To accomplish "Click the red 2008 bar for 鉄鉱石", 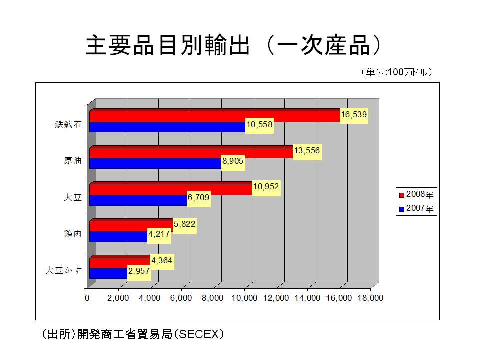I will pos(215,116).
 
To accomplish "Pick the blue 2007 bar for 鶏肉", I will pos(119,236).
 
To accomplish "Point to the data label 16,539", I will pos(354,115).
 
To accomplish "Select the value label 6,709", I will pos(198,198).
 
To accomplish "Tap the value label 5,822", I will pos(184,225).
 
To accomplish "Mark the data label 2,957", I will pos(139,272).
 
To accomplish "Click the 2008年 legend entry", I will pos(417,195).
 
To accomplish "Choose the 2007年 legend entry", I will pos(417,209).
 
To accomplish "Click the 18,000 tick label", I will pos(370,298).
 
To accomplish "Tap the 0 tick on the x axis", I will pos(87,298).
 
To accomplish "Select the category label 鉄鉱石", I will pos(68,125).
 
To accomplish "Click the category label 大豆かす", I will pos(63,271).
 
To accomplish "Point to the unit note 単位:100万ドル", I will pos(396,73).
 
